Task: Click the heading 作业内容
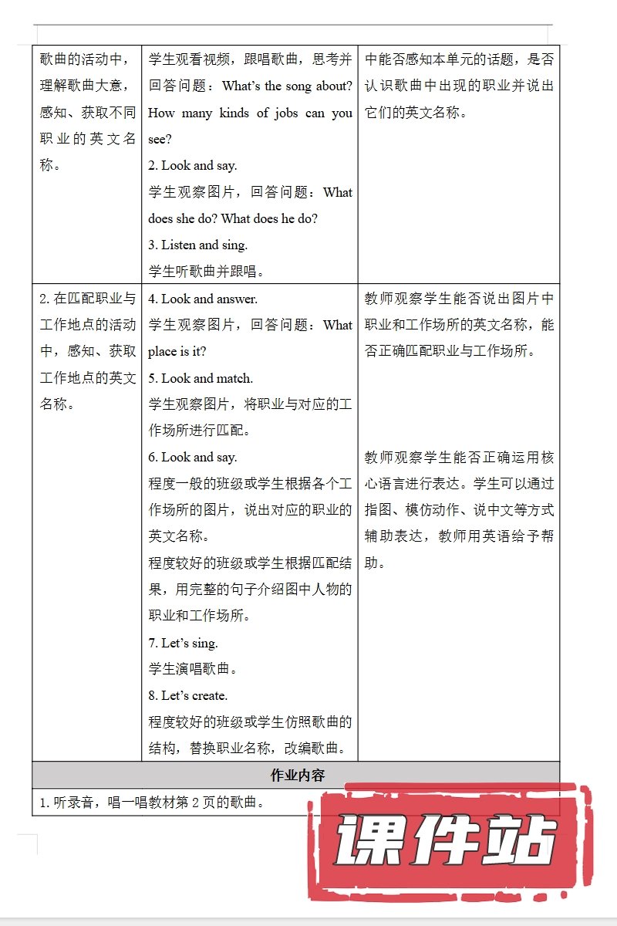(297, 776)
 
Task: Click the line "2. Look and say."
(193, 165)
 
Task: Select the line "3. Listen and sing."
(198, 245)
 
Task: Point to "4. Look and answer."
(203, 299)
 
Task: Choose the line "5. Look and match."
(201, 378)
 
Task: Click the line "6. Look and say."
(193, 457)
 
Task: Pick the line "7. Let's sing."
(184, 643)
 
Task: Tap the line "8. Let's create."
(188, 695)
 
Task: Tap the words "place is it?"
(177, 351)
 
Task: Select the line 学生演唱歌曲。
(194, 669)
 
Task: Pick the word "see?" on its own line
(160, 139)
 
